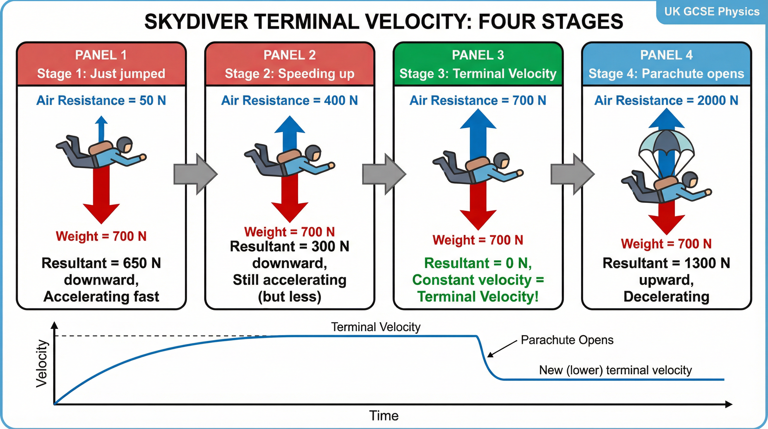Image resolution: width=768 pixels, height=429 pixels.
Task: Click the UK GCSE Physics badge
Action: (x=712, y=12)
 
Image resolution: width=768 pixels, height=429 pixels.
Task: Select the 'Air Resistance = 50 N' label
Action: (x=101, y=100)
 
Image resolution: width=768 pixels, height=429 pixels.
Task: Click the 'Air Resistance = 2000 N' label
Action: (x=666, y=100)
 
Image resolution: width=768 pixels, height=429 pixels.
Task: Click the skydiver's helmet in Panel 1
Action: (x=125, y=144)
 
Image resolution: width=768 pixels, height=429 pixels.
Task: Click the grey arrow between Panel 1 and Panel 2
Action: (x=195, y=174)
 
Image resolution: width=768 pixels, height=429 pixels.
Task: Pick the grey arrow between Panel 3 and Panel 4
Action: (x=572, y=174)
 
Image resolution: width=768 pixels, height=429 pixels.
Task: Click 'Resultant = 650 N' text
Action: (x=101, y=263)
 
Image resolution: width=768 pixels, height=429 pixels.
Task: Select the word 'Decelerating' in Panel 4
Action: (x=666, y=297)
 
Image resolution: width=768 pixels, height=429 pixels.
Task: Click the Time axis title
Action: (x=384, y=416)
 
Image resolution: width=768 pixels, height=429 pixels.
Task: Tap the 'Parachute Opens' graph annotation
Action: (x=567, y=340)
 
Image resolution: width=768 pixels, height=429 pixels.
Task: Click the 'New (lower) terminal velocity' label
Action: (x=615, y=370)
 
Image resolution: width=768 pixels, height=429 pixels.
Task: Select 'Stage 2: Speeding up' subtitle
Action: (x=289, y=74)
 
